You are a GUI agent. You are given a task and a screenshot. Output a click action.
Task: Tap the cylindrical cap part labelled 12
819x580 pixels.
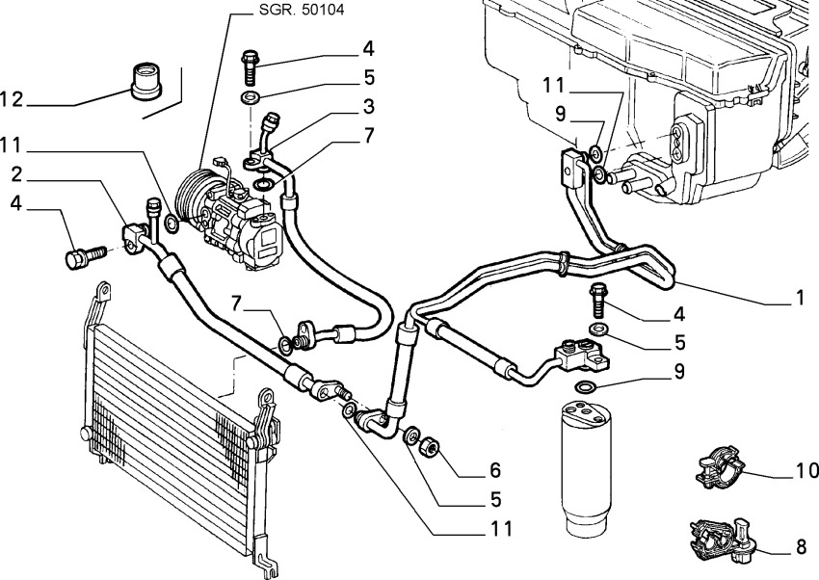145,79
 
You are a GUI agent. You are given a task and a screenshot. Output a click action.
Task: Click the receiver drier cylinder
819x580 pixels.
586,466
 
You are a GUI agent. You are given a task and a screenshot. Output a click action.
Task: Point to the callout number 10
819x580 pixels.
806,471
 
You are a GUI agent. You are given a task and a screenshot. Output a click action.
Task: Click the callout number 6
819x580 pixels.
495,470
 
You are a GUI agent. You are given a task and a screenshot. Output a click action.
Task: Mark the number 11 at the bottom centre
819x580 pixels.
496,530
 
